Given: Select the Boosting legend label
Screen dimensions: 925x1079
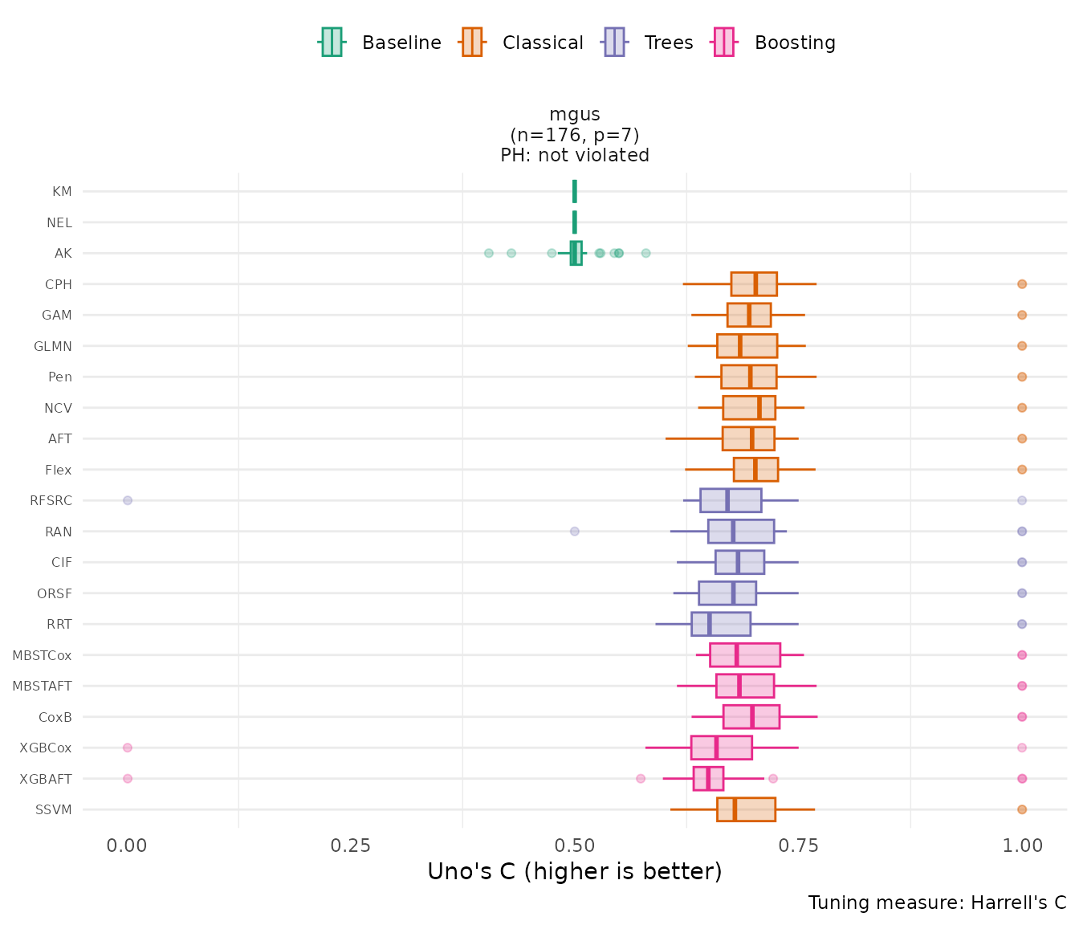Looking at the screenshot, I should pyautogui.click(x=795, y=43).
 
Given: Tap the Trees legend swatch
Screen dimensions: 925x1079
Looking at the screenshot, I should pyautogui.click(x=614, y=43).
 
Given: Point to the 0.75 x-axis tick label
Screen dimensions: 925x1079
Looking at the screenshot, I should pyautogui.click(x=798, y=846).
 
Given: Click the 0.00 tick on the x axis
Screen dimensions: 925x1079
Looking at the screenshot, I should pyautogui.click(x=127, y=846).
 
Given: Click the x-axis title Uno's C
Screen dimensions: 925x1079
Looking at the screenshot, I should pyautogui.click(x=574, y=872).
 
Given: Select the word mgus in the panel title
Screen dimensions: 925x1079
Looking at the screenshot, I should pyautogui.click(x=575, y=115).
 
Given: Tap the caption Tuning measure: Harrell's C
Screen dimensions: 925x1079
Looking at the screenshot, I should pyautogui.click(x=937, y=903).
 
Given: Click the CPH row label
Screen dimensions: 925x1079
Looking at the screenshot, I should pyautogui.click(x=59, y=284).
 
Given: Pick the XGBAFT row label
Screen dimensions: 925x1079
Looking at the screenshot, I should pyautogui.click(x=46, y=779).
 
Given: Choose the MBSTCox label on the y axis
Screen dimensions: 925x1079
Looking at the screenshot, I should pyautogui.click(x=43, y=655).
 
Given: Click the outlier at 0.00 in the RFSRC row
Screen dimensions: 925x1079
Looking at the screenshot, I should pyautogui.click(x=128, y=500).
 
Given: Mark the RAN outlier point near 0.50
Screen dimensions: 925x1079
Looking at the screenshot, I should pyautogui.click(x=575, y=532).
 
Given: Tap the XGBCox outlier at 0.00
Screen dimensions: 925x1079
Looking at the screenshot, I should pyautogui.click(x=128, y=748).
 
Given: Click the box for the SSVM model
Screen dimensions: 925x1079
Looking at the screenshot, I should pyautogui.click(x=746, y=809).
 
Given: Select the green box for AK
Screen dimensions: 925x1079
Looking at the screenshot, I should pyautogui.click(x=576, y=253).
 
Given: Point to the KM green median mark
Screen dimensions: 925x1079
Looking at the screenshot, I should pyautogui.click(x=575, y=191).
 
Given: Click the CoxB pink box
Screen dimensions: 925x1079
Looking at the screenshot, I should pyautogui.click(x=751, y=717).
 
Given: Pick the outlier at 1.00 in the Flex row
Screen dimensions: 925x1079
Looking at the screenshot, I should pyautogui.click(x=1022, y=470).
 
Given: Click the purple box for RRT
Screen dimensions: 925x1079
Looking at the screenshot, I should pyautogui.click(x=721, y=624).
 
